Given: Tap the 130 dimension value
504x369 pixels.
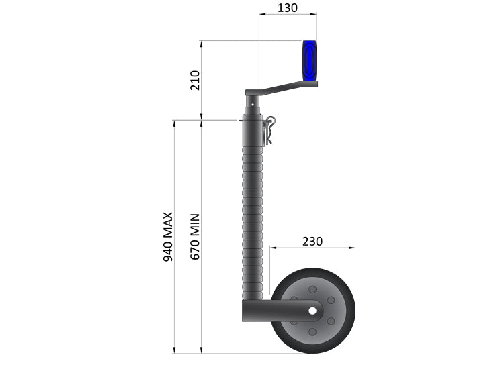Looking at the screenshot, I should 287,8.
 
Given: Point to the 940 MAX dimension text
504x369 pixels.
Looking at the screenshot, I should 168,236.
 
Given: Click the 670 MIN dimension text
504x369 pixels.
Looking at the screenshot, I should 195,236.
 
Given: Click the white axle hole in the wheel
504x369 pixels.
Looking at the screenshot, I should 313,311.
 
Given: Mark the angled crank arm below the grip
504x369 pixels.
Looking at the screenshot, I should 282,87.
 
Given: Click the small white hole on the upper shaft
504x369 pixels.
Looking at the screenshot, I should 251,105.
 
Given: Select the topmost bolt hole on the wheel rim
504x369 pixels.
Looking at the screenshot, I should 312,288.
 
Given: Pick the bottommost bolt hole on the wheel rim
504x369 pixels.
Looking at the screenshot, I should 312,333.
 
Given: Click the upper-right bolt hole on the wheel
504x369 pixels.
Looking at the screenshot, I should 331,300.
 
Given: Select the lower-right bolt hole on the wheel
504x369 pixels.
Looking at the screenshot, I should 331,322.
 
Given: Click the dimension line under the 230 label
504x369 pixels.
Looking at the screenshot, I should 312,248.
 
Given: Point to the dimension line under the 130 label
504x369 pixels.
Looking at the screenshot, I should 287,15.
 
